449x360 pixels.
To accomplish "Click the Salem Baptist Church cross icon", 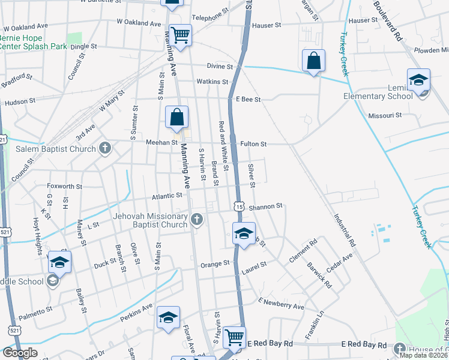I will (105, 149).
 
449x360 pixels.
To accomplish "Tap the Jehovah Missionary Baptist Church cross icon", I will (197, 220).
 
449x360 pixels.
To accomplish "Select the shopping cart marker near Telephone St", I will (179, 35).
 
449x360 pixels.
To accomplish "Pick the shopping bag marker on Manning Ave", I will (177, 117).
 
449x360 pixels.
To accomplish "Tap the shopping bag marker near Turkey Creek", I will (313, 61).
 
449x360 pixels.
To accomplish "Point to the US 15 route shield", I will (240, 206).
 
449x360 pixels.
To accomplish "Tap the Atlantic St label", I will (167, 196).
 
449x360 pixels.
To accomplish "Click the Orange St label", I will (215, 263).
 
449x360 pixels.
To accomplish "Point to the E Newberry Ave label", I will (282, 303).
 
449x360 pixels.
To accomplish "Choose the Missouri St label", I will (385, 115).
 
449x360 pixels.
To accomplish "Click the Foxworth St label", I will (64, 187).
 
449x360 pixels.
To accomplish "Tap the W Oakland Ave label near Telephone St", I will (139, 22).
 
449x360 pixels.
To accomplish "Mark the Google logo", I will (20, 353).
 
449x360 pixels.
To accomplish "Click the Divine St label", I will (220, 66).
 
